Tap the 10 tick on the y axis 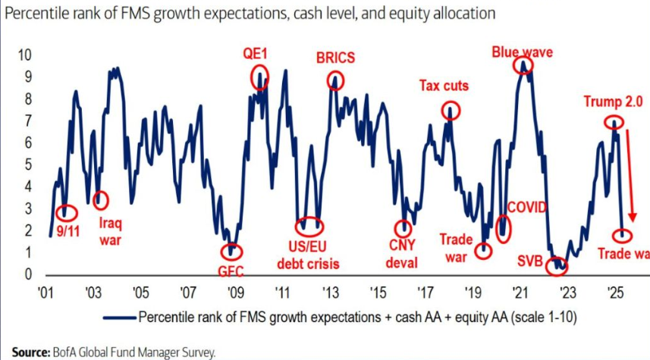click(24, 55)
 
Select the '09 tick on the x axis click(234, 290)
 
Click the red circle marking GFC click(228, 252)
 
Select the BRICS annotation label click(334, 58)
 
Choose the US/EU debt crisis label click(307, 255)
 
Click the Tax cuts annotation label click(444, 86)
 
